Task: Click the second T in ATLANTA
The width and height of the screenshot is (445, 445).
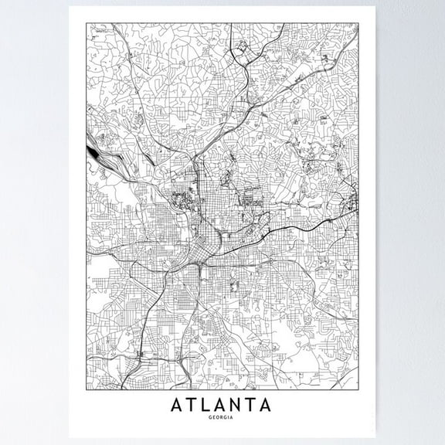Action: click(256, 404)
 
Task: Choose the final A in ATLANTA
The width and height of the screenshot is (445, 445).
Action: click(270, 404)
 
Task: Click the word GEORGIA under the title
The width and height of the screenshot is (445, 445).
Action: click(223, 418)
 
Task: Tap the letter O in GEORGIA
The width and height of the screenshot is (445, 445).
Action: click(219, 418)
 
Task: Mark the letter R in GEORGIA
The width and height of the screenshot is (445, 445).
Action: click(224, 418)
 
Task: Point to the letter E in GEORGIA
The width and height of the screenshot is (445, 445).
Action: click(215, 418)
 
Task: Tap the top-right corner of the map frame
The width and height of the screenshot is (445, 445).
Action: click(359, 24)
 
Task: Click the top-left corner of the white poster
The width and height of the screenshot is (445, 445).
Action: click(70, 6)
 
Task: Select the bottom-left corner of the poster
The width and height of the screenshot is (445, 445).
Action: click(70, 437)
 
